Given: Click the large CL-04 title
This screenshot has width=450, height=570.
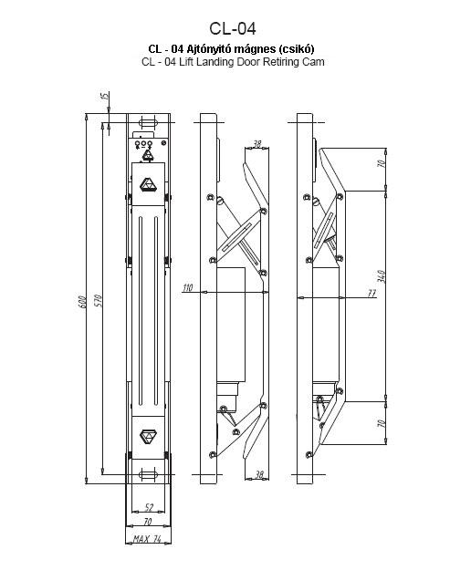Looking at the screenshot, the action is [x=233, y=28].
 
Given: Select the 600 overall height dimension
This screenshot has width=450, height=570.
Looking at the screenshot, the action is [x=82, y=303].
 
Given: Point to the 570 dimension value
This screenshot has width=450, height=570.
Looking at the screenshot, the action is [x=99, y=301].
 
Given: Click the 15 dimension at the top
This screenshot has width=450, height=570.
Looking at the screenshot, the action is [x=104, y=97].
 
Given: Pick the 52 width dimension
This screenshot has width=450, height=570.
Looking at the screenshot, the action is [x=149, y=507].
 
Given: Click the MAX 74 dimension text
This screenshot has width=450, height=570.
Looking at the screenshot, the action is [x=147, y=538].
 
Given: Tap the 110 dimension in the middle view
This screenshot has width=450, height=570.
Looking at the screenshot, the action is [x=188, y=288].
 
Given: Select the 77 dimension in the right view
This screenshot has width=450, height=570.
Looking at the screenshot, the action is [x=372, y=293].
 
